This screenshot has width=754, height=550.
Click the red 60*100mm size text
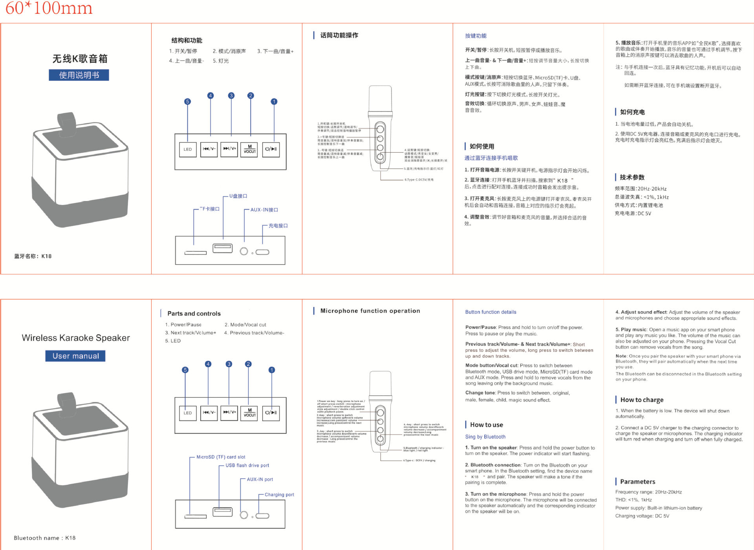coord(49,8)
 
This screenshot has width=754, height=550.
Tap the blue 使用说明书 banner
coord(79,75)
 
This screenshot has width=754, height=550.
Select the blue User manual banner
coord(76,356)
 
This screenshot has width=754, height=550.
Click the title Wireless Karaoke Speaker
coord(76,338)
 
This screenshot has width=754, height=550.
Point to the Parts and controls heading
coord(194,313)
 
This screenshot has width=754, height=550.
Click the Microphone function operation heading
coord(370,311)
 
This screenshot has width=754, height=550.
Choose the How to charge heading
coord(642,400)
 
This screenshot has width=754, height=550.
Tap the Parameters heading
coord(637,481)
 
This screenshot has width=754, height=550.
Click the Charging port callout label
coord(279,495)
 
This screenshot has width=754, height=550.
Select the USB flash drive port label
coord(247,465)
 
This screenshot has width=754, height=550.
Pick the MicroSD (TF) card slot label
coord(221,457)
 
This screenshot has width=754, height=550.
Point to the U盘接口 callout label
coord(238,196)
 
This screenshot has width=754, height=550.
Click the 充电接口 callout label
coord(278,226)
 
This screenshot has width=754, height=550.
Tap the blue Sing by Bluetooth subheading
coord(485,437)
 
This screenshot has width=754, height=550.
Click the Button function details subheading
coord(490,312)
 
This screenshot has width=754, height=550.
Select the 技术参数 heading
coord(632,177)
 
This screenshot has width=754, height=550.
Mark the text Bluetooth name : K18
coord(44,538)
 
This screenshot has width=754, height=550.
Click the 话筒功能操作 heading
coord(339,35)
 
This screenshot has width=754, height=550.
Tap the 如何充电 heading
coord(632,112)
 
